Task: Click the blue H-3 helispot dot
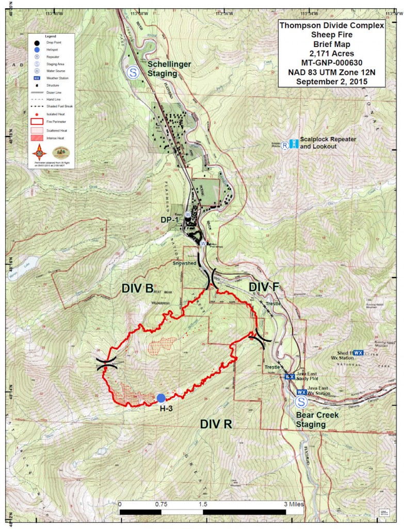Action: click(x=161, y=398)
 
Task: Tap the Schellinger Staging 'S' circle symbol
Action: click(x=134, y=72)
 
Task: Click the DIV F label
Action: click(x=265, y=287)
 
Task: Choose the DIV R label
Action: click(x=217, y=424)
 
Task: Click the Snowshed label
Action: click(x=183, y=263)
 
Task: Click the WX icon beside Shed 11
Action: click(x=359, y=352)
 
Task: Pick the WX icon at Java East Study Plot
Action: click(x=290, y=377)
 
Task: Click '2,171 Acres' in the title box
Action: click(x=331, y=53)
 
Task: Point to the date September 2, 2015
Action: click(x=331, y=81)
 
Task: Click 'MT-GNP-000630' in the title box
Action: click(x=331, y=63)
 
